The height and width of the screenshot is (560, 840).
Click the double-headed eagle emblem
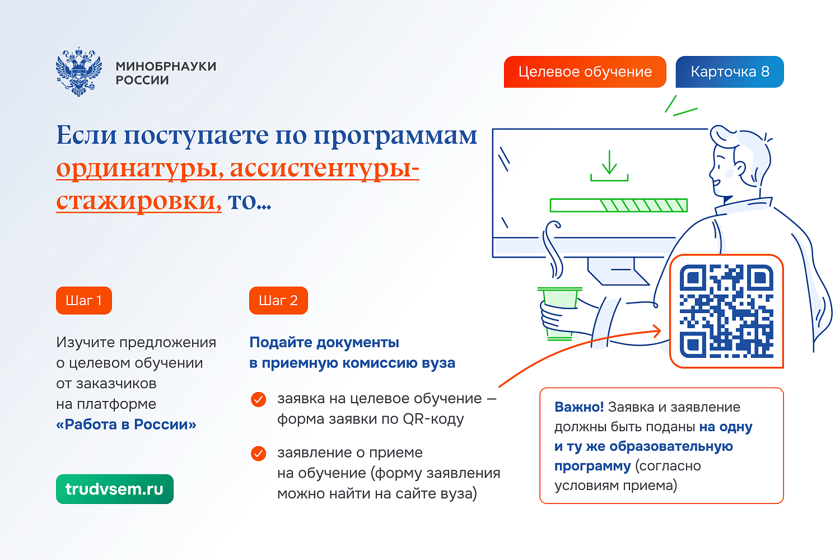(79, 72)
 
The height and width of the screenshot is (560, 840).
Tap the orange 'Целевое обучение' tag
(585, 72)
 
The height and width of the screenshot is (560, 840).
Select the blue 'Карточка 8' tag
(729, 72)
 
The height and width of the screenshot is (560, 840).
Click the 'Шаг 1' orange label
(84, 301)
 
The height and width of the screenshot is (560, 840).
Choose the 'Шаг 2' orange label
(278, 301)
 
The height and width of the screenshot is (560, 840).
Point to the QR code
(726, 311)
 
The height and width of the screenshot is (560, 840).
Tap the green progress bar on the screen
(618, 205)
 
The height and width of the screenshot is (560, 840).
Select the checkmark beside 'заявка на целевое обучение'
(258, 399)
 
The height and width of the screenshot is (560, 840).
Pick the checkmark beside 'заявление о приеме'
(258, 453)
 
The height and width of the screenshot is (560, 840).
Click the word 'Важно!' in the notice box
(579, 407)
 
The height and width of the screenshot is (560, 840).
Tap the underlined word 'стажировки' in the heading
(138, 200)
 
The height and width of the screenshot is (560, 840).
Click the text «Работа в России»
(126, 424)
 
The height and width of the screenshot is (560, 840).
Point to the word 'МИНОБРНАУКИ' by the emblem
(166, 66)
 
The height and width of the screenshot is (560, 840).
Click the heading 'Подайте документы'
(324, 342)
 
